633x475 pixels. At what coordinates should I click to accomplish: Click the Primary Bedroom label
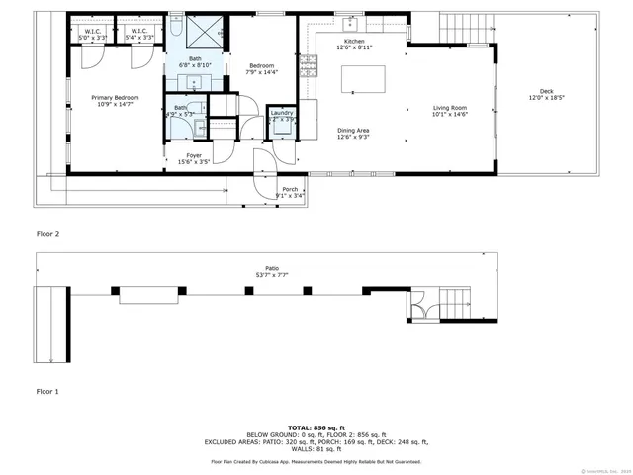pos(115,98)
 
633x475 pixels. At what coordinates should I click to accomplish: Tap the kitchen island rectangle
pos(362,79)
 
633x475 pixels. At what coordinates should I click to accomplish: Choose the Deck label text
pos(546,91)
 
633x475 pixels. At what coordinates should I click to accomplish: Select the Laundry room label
pos(282,114)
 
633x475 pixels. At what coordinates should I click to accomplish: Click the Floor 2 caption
pos(48,234)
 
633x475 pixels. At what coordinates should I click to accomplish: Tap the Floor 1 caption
pos(48,392)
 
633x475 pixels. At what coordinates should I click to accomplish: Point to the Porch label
pos(290,189)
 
